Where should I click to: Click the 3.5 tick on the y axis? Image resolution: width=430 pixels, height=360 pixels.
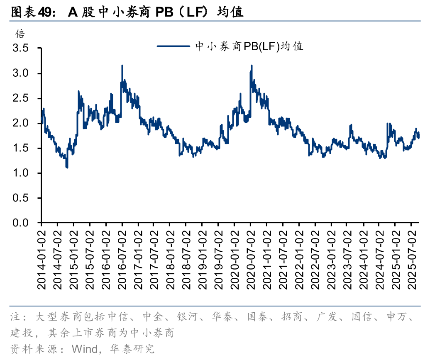(21, 49)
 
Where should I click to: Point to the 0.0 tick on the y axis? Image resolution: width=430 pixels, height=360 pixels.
(21, 223)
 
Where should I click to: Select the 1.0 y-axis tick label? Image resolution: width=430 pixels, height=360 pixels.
(21, 173)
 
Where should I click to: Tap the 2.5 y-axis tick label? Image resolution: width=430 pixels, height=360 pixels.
(21, 98)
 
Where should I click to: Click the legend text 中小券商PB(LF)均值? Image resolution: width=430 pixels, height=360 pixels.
(249, 46)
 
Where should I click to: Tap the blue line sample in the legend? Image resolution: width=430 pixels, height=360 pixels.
(173, 46)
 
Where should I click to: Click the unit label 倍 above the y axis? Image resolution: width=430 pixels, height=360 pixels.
(20, 34)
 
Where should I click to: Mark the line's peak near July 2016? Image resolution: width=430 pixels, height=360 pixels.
(122, 66)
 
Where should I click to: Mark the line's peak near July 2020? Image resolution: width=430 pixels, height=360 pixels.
(252, 66)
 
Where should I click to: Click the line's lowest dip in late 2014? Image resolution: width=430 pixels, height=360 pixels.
(67, 167)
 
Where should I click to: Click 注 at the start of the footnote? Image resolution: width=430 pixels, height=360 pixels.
(15, 318)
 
